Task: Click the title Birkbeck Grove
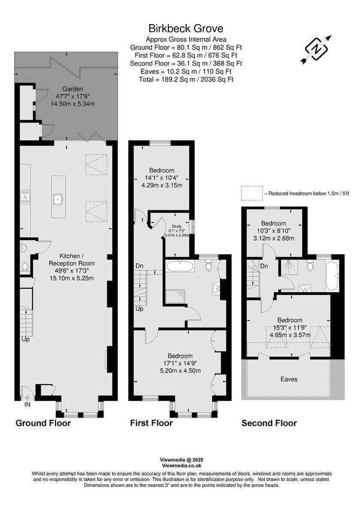click(186, 29)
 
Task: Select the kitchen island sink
click(58, 198)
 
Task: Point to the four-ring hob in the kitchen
click(25, 197)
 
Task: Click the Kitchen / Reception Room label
click(71, 259)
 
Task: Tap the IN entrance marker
click(27, 404)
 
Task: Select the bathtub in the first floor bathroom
click(180, 266)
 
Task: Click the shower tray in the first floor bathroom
click(176, 297)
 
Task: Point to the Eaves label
click(289, 379)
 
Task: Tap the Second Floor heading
click(269, 423)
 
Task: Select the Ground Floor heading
click(43, 423)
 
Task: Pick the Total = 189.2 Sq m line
click(186, 79)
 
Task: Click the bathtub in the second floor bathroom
click(333, 275)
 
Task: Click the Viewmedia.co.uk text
click(182, 465)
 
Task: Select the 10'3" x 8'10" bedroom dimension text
click(273, 231)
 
